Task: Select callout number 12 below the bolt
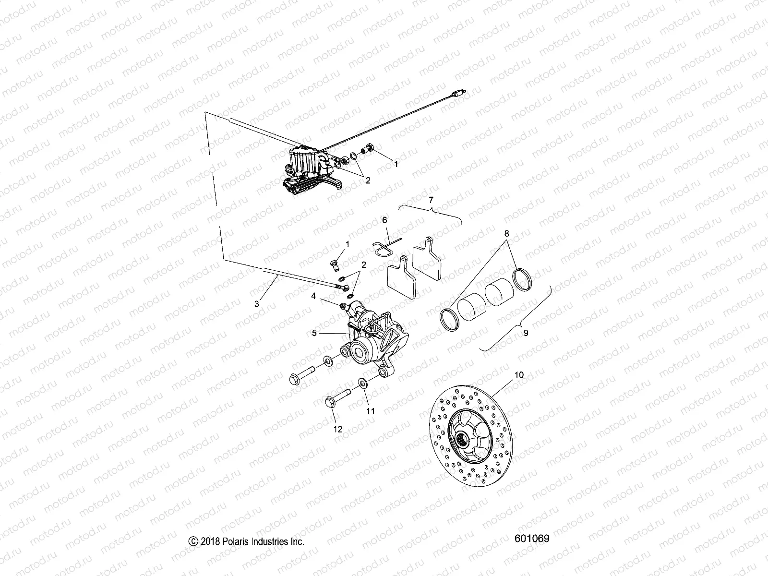(x=338, y=429)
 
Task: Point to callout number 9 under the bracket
(x=526, y=332)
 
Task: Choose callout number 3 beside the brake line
(x=257, y=303)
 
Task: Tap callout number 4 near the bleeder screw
(x=313, y=297)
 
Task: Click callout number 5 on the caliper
(x=314, y=332)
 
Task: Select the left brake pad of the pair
(x=403, y=278)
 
